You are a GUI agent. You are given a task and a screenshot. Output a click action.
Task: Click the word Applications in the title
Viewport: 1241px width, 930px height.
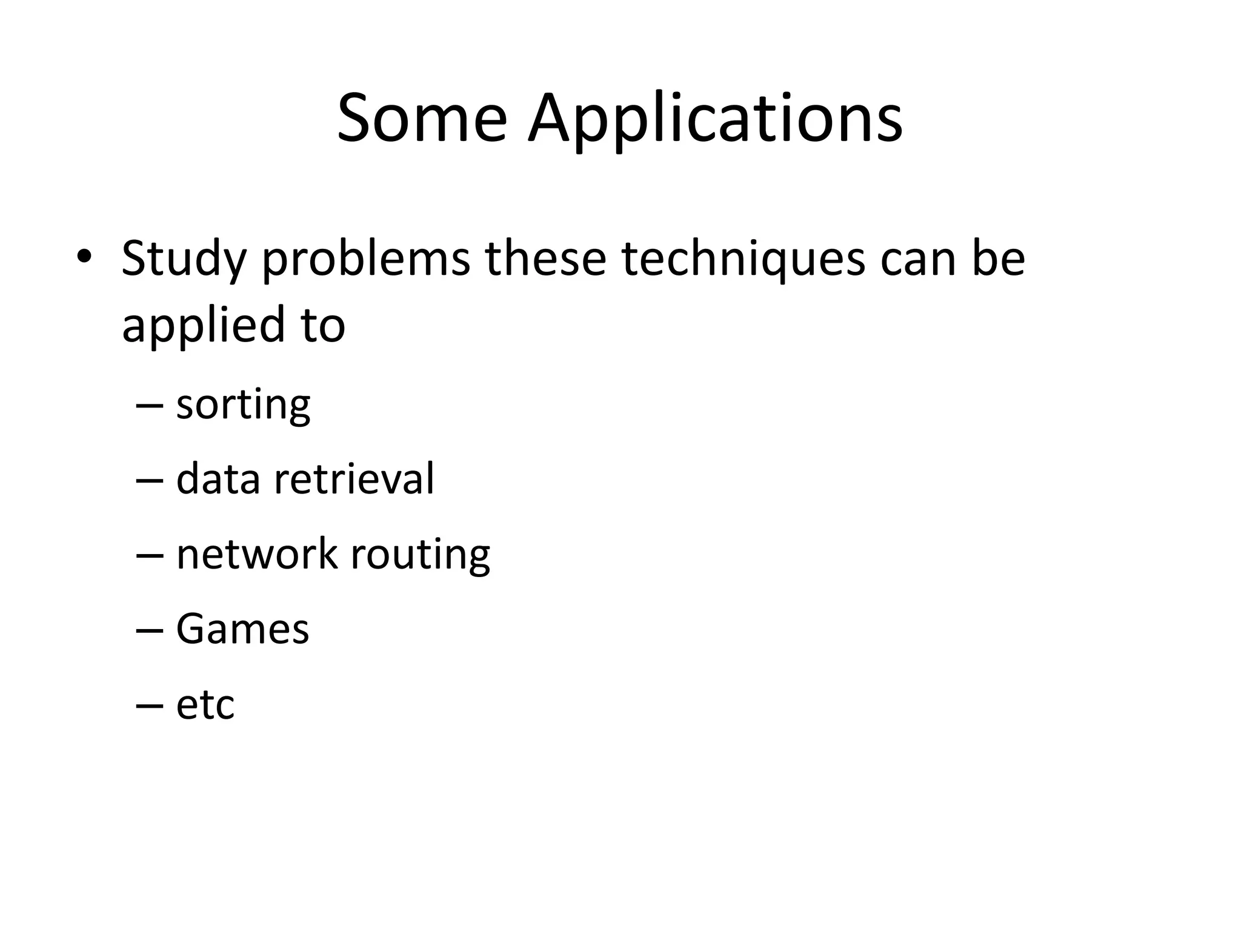(715, 119)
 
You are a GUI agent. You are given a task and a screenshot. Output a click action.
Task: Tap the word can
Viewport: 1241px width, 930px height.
(917, 259)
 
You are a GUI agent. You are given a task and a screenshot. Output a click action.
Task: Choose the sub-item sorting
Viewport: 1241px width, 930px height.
(243, 405)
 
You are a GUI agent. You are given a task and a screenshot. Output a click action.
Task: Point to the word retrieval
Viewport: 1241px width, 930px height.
(354, 478)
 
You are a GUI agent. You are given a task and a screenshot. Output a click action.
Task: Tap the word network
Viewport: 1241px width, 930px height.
(256, 553)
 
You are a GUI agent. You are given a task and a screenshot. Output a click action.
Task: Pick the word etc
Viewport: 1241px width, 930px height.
(205, 704)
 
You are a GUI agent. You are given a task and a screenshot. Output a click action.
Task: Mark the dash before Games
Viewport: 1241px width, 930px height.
(150, 630)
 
